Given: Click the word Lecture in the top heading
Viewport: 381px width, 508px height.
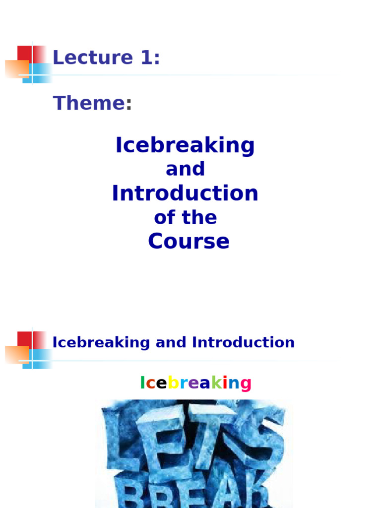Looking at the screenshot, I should point(92,58).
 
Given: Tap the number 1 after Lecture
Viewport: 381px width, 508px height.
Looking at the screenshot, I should point(146,58).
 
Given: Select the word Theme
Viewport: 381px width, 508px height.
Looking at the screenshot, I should point(89,103).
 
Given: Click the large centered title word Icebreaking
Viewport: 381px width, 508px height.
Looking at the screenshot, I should point(185,146).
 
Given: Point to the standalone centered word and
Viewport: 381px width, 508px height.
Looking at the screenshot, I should point(185,169).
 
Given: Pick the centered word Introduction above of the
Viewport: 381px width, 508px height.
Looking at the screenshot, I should point(185,193).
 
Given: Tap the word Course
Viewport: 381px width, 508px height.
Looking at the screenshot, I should point(189,242).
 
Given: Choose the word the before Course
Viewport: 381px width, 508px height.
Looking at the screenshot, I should point(199,217).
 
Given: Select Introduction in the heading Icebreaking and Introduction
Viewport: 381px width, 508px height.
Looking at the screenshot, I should point(243,342).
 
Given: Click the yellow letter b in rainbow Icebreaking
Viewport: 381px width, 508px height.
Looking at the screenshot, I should point(173,383).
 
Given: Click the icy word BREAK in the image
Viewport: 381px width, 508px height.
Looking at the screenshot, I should point(193,489).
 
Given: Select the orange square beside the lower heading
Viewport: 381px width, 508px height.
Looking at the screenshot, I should point(16,354).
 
